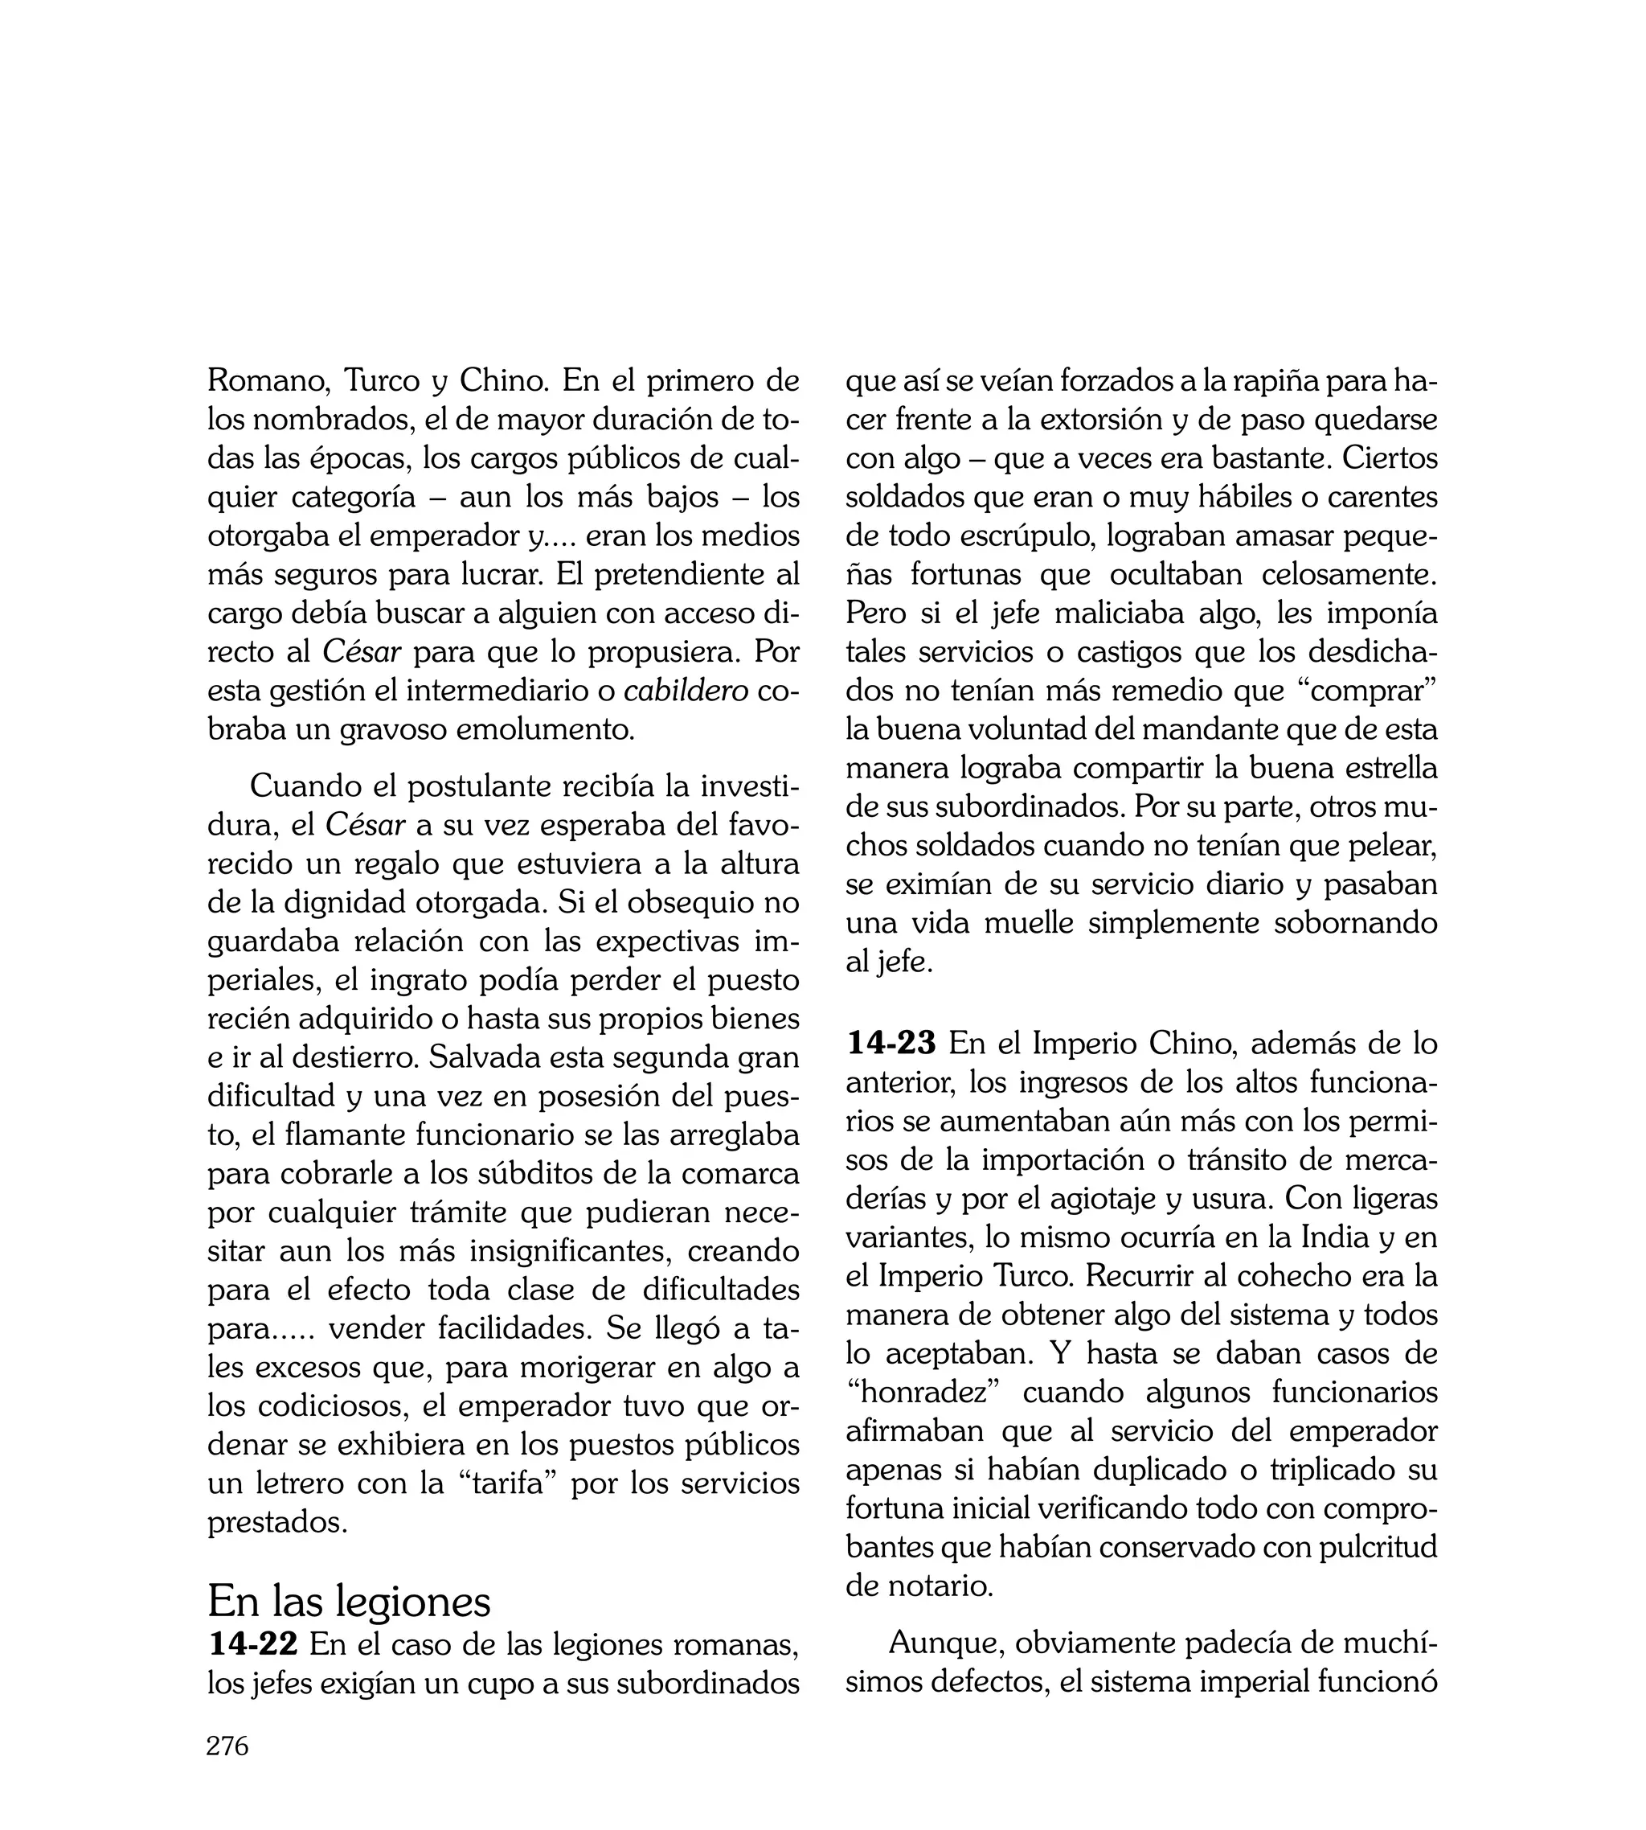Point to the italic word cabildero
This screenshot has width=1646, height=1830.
(686, 691)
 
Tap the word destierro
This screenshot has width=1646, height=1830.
(342, 1057)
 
